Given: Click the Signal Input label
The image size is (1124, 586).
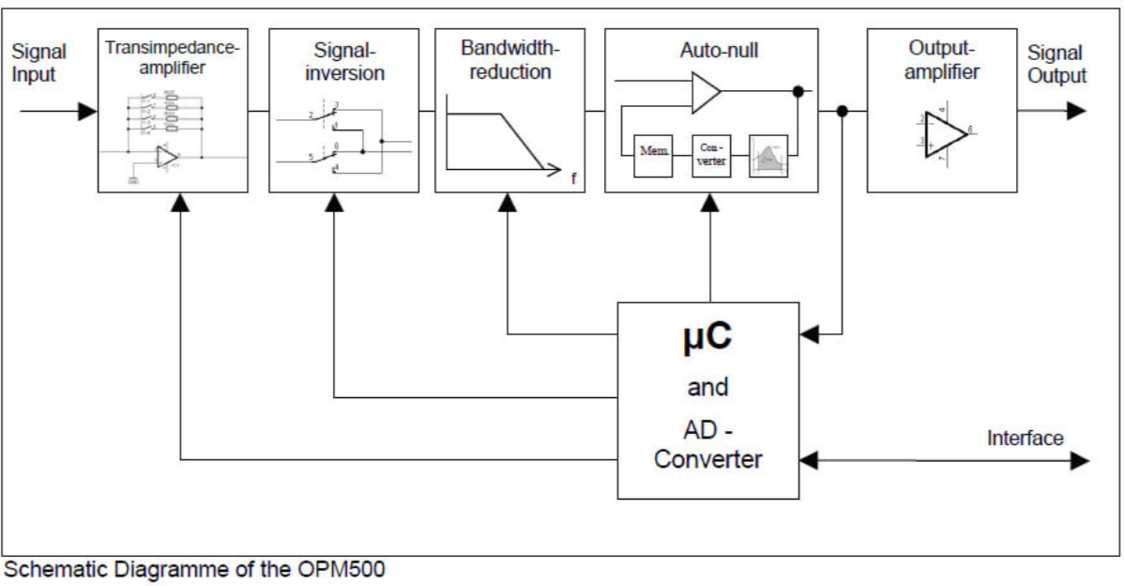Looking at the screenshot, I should point(38,64).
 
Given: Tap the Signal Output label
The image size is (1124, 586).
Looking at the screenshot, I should point(1056,64).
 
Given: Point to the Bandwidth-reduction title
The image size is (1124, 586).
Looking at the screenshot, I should point(507,60).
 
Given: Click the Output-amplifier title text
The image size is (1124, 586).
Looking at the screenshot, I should point(942,60).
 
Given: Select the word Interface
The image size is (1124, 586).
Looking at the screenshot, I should point(1025,438).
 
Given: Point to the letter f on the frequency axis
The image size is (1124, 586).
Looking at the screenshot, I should point(573,177).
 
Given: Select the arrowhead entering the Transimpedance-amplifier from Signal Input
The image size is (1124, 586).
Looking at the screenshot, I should point(87,112).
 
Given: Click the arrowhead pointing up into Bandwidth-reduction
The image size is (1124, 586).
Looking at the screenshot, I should point(508,201).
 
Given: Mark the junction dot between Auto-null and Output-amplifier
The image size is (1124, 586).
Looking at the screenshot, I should point(843,112).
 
